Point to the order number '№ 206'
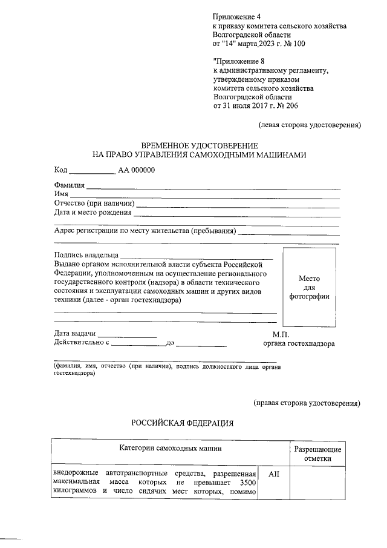click(284, 106)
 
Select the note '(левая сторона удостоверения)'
click(310, 126)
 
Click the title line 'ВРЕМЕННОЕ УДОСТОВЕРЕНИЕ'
click(200, 146)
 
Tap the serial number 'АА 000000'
click(137, 170)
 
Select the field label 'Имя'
click(61, 194)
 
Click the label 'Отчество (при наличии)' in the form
click(94, 203)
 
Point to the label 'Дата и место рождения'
click(93, 213)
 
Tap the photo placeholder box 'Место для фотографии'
click(310, 287)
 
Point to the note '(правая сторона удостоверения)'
click(307, 403)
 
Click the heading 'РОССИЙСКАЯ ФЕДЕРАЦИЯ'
click(183, 423)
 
